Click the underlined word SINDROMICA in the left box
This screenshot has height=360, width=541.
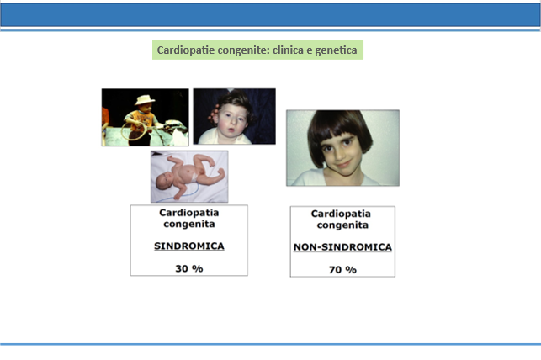(x=189, y=246)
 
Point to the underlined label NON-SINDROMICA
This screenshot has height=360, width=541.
(x=342, y=247)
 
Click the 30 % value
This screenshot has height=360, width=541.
(x=189, y=268)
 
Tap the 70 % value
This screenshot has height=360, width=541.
(x=342, y=270)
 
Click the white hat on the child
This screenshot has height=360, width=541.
(x=145, y=99)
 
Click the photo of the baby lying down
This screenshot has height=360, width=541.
(x=189, y=177)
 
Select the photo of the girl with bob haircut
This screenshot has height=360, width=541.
(x=343, y=148)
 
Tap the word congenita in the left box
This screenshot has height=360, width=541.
(x=189, y=225)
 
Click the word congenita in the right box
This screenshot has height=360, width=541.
(x=342, y=225)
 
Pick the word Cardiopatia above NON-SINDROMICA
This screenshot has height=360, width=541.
(x=341, y=214)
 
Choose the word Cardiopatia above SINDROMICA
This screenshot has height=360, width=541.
(x=189, y=213)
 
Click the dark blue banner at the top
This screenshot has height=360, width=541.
(x=271, y=15)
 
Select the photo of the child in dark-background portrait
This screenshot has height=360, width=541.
(x=234, y=116)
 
